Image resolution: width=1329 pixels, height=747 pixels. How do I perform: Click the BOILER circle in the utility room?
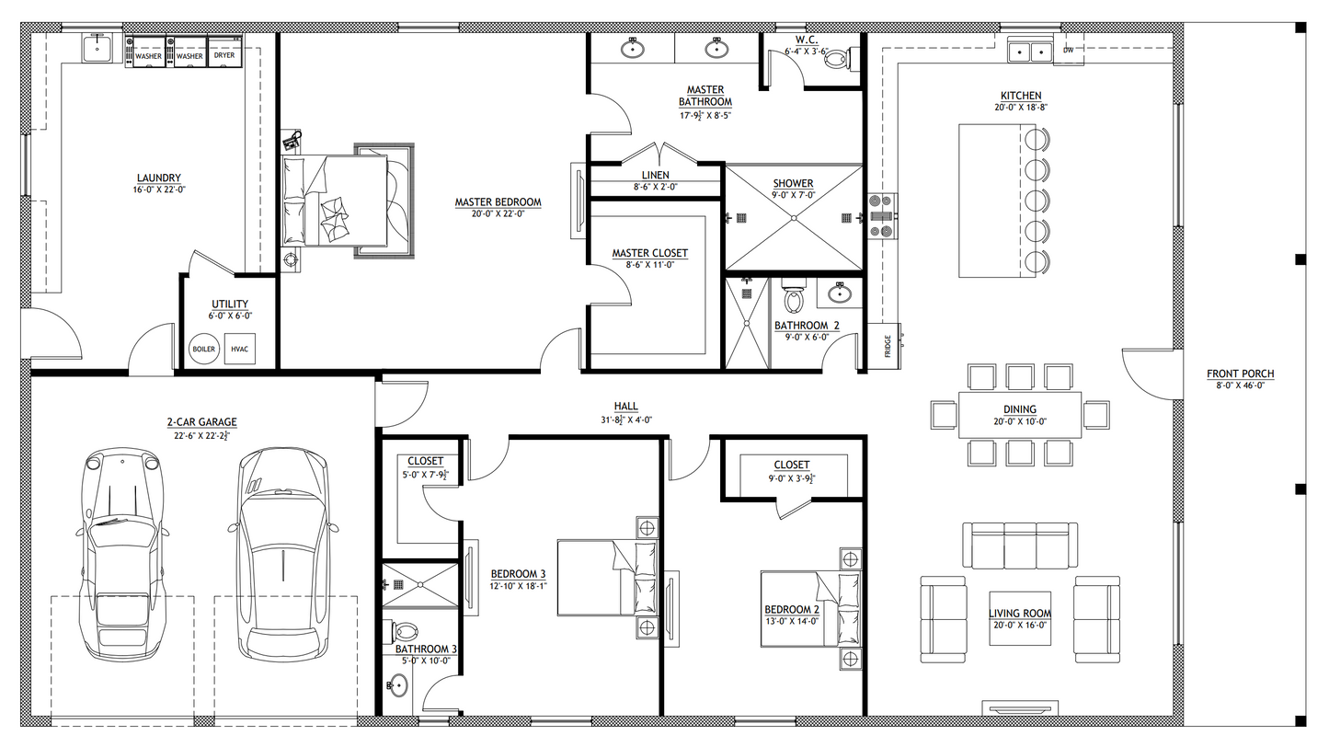(x=203, y=350)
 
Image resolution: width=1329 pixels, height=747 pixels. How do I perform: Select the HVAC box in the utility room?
(x=240, y=350)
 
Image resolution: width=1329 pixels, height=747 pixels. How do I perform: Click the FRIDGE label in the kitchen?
(x=887, y=347)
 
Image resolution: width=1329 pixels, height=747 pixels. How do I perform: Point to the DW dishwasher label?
(x=1068, y=50)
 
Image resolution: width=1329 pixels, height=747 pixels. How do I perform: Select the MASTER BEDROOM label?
(x=498, y=202)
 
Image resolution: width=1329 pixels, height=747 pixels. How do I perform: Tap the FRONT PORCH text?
(x=1241, y=373)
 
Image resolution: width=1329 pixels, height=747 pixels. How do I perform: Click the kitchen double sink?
(x=1030, y=50)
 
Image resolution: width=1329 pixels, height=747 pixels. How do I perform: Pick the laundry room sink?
(x=97, y=50)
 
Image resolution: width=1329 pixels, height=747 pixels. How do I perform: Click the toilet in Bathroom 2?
(x=793, y=298)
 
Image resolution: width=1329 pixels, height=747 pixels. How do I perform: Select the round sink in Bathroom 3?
(x=397, y=685)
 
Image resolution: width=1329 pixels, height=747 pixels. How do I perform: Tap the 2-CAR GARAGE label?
(x=201, y=422)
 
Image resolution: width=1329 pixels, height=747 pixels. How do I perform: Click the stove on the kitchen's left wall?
(x=880, y=217)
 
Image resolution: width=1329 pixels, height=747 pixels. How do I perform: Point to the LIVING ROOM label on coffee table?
(x=1019, y=614)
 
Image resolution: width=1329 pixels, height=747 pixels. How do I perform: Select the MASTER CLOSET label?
(x=649, y=253)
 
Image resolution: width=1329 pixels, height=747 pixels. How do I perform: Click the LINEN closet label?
(x=655, y=175)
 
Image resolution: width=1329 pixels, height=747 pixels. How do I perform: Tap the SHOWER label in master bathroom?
(x=792, y=183)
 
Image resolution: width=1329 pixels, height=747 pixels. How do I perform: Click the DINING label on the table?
(x=1019, y=409)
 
